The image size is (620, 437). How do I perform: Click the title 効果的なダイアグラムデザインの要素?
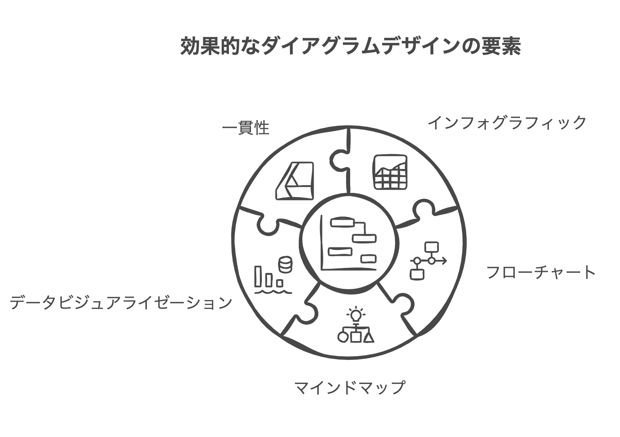[351, 46]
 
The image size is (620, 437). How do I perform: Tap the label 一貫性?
[246, 128]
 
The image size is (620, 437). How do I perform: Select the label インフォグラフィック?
[507, 123]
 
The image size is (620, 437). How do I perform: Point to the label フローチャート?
[541, 272]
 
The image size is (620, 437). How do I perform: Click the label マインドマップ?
[350, 387]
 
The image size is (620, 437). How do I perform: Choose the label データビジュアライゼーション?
[121, 302]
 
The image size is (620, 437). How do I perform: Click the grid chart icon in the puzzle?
[390, 172]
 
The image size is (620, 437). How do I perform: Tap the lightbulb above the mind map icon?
[356, 314]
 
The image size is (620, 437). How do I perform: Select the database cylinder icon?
[286, 264]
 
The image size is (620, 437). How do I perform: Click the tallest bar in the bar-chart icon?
[258, 276]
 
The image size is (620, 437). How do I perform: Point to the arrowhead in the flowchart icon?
[444, 261]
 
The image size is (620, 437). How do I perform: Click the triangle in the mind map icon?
[369, 338]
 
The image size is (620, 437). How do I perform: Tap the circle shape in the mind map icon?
[343, 337]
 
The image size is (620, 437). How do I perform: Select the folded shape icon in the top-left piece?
[295, 181]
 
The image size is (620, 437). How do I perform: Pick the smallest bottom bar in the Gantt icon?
[368, 259]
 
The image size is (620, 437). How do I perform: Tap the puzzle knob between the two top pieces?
[338, 161]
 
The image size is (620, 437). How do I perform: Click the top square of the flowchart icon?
[432, 247]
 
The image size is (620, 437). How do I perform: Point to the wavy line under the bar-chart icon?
[273, 292]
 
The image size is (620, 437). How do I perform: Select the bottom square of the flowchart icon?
[417, 274]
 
